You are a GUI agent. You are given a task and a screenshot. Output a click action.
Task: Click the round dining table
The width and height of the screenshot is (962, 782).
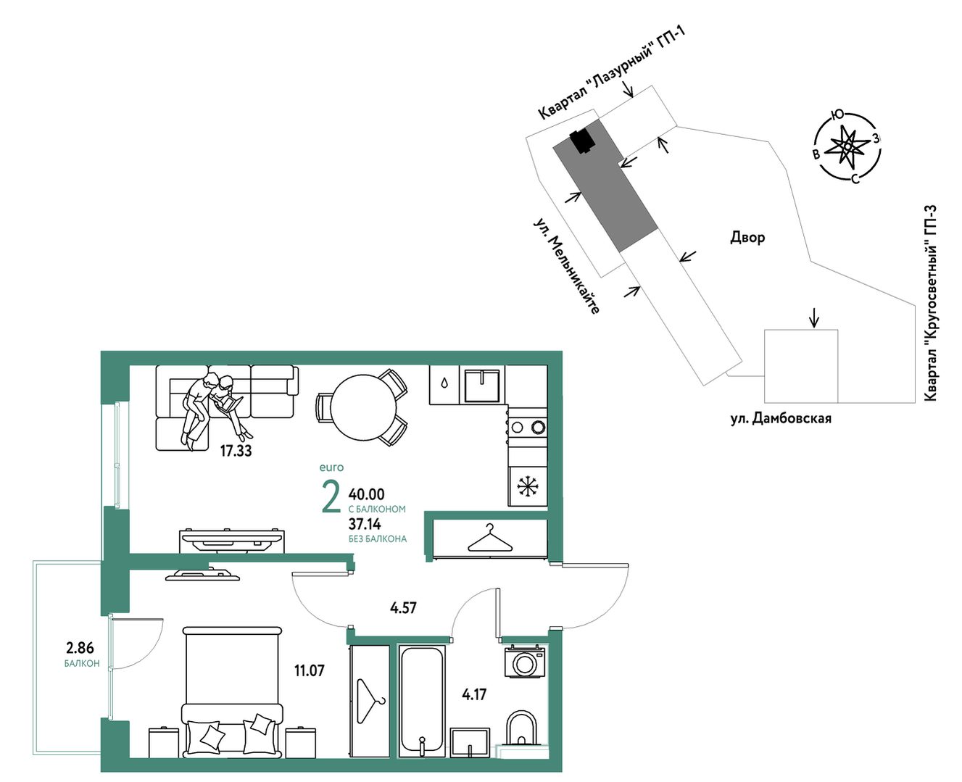(x=363, y=408)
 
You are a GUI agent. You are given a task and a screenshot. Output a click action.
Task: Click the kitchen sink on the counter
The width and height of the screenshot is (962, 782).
(x=482, y=386)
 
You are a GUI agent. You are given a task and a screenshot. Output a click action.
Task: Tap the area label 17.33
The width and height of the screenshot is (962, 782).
(x=236, y=451)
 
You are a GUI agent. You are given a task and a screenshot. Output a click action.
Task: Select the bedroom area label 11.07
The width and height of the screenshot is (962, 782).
(x=310, y=670)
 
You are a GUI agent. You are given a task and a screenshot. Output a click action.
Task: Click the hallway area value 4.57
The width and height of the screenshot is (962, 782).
(x=403, y=608)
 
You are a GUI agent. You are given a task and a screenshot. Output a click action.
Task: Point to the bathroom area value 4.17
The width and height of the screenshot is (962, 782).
(x=474, y=694)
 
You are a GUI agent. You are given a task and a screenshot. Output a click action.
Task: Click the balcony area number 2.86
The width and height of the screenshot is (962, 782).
(x=80, y=649)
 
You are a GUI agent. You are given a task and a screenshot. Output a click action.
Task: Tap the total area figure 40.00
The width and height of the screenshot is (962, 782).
(x=366, y=494)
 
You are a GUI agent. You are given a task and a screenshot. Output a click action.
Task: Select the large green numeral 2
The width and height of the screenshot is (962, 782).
(x=331, y=497)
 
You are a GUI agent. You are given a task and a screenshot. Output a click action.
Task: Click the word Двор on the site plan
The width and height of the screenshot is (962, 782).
(x=747, y=238)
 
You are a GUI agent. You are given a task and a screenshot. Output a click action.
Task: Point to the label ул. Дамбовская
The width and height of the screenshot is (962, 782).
(x=781, y=419)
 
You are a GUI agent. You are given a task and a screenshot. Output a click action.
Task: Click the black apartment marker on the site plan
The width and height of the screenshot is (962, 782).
(x=582, y=141)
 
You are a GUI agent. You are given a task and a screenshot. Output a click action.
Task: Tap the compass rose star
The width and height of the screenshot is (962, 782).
(x=847, y=146)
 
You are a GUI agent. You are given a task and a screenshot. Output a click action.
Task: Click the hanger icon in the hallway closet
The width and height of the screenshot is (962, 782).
(x=491, y=538)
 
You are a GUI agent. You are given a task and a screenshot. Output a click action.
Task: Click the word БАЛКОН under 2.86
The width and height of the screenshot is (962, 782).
(x=82, y=664)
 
